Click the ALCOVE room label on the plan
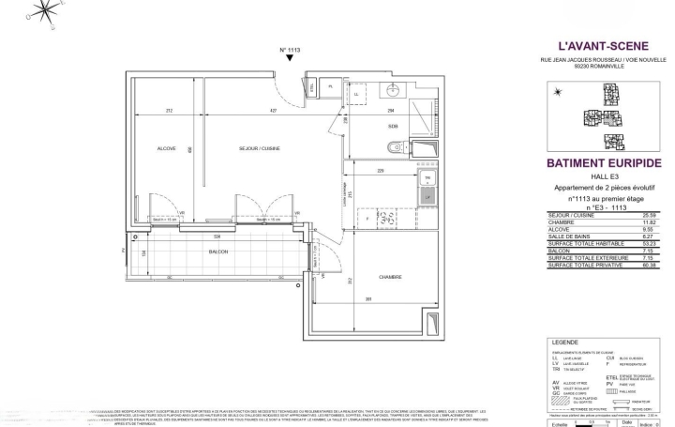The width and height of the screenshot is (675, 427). click(x=165, y=148)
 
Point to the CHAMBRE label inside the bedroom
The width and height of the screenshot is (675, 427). click(x=391, y=278)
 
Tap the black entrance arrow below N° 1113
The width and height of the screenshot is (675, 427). click(x=290, y=58)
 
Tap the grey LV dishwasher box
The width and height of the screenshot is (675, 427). click(x=427, y=197)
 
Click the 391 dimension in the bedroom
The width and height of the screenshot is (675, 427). click(x=370, y=299)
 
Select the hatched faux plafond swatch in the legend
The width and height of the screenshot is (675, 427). click(x=561, y=398)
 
